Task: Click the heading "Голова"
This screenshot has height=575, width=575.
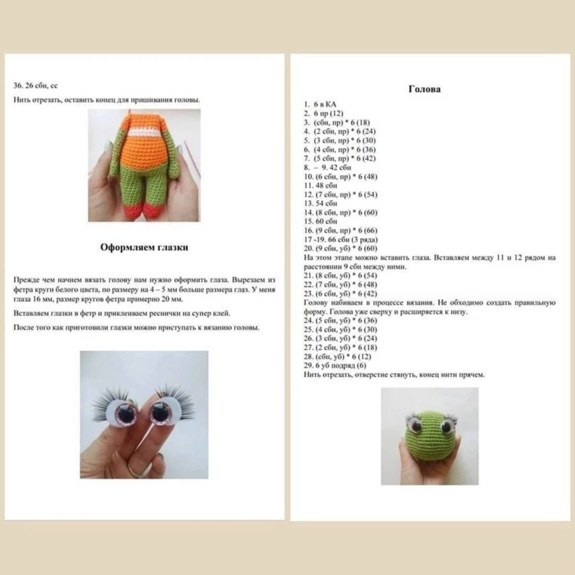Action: [x=424, y=89]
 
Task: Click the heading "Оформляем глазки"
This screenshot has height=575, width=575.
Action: [x=144, y=248]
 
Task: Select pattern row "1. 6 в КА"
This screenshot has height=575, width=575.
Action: [x=320, y=105]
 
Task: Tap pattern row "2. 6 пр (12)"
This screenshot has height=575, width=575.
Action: [x=323, y=113]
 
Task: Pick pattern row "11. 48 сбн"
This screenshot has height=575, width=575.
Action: [x=321, y=185]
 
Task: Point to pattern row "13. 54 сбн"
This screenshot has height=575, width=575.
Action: [x=321, y=203]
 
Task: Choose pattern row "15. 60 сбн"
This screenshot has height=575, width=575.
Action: [x=321, y=221]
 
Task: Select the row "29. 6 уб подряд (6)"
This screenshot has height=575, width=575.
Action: [x=335, y=365]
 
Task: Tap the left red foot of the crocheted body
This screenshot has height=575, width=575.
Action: [x=129, y=212]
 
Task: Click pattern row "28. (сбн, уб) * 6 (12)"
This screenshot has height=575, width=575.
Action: [x=337, y=357]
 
